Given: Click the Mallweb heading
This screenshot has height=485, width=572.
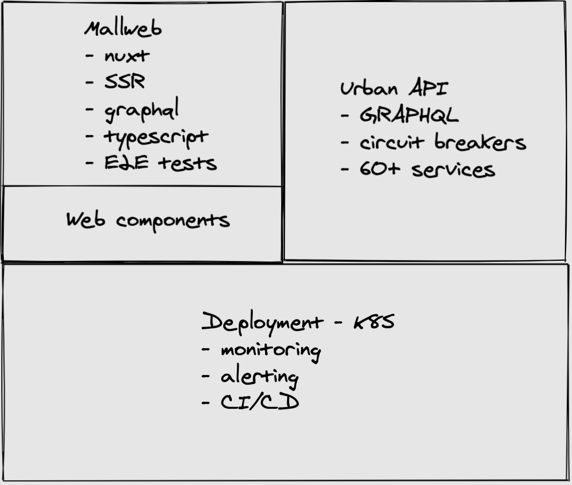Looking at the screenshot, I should tap(122, 28).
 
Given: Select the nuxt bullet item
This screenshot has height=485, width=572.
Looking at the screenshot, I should tap(127, 55).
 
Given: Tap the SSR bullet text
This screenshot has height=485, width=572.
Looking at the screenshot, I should tap(124, 82).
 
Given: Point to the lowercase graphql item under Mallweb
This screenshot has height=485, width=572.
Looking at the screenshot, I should tap(141, 110).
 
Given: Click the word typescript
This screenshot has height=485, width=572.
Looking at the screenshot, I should tap(156, 137).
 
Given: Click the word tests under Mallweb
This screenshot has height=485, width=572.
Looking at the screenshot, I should tap(187, 163).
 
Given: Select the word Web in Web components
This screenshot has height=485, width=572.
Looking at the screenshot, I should tap(85, 219).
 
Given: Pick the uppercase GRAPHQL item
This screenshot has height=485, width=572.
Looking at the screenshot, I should tap(409, 115).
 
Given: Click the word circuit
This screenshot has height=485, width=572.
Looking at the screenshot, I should tap(392, 143).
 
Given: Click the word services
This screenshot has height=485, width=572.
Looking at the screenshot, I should tap(453, 170).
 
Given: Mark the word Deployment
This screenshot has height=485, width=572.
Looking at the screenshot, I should tap(262, 323).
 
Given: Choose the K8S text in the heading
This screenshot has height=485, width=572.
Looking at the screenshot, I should tap(374, 322).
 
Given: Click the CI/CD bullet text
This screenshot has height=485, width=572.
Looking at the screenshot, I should tap(260, 402).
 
